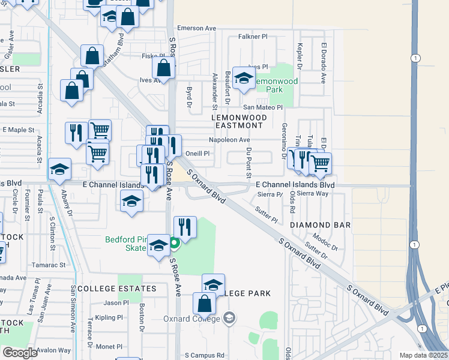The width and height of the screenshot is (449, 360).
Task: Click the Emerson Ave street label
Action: [x=196, y=28]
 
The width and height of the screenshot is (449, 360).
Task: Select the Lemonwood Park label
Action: [x=277, y=85]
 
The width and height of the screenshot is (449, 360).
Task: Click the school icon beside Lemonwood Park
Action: [x=244, y=79]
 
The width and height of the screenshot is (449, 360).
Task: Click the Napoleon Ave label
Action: [x=229, y=140]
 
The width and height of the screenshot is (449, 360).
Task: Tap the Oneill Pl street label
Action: [x=197, y=153]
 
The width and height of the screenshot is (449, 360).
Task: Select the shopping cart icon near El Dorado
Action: [x=320, y=161]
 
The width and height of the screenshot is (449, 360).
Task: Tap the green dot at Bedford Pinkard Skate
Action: [x=174, y=243]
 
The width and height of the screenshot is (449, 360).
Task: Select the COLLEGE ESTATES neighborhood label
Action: [x=116, y=289]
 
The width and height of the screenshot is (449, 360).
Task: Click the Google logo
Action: [x=20, y=352]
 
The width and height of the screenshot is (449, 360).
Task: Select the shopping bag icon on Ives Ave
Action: [x=163, y=68]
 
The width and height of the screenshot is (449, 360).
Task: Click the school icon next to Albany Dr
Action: [x=59, y=170]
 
